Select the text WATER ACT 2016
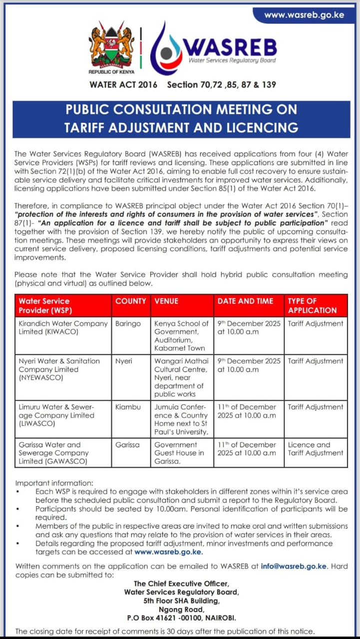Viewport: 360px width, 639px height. point(123,84)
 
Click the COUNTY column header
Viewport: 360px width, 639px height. point(130,301)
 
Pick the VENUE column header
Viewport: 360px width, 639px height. point(166,301)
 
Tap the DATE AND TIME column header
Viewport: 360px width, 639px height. point(245,301)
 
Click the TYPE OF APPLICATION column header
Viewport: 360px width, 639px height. point(312,306)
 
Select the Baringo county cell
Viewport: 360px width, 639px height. point(128,323)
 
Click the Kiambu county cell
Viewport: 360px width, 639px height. point(128,407)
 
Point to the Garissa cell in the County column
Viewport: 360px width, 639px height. point(127,444)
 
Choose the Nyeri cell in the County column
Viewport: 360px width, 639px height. point(124,361)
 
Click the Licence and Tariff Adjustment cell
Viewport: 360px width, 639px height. point(316,449)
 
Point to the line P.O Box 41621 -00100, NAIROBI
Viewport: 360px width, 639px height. point(182,618)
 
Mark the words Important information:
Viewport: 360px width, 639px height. point(54,483)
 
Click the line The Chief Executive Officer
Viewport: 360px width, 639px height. point(182,584)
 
